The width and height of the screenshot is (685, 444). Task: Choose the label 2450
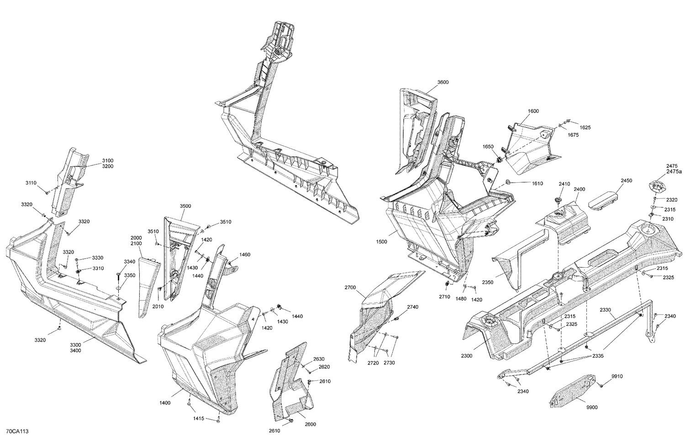click(x=626, y=181)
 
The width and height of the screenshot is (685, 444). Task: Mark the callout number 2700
click(x=350, y=288)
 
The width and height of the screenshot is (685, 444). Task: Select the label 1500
click(x=381, y=242)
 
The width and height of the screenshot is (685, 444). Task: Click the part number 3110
click(x=31, y=183)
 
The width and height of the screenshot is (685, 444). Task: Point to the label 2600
click(x=310, y=424)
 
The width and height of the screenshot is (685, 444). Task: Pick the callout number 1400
click(x=165, y=403)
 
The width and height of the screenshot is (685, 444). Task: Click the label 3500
click(x=185, y=206)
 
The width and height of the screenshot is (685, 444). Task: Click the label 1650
click(x=488, y=147)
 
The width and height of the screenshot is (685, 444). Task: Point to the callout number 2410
click(x=564, y=184)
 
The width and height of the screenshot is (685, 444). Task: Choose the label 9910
click(x=617, y=376)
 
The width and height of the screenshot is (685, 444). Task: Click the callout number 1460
click(x=245, y=254)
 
